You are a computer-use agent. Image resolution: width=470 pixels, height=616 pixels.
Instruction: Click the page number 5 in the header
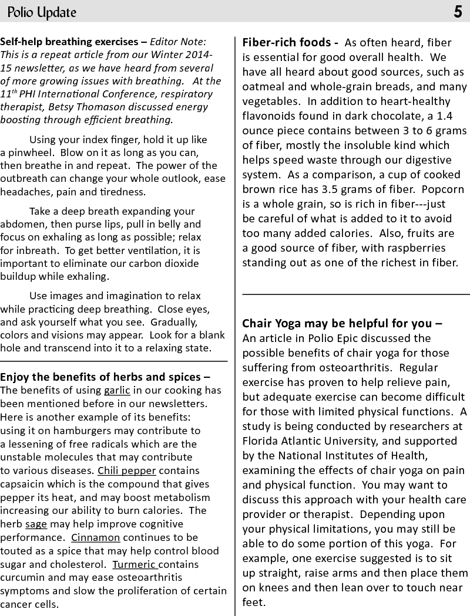tap(458, 12)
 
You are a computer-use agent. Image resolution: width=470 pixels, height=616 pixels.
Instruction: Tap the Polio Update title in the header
tap(41, 12)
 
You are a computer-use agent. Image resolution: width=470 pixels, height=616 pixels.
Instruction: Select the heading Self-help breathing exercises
tap(70, 42)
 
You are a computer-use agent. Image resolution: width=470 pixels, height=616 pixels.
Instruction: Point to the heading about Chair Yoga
tap(342, 323)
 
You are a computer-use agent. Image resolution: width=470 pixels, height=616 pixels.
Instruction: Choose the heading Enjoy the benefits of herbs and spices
tap(105, 376)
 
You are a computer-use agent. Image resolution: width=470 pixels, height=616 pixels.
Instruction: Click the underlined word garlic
tap(117, 390)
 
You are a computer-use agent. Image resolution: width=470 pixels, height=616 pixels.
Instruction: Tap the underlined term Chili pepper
tap(127, 471)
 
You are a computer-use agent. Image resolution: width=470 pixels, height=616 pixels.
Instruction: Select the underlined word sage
tap(36, 524)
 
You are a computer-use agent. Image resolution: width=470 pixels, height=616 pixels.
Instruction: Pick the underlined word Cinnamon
tap(96, 537)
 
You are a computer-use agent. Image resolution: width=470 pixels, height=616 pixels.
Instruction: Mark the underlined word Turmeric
tap(135, 564)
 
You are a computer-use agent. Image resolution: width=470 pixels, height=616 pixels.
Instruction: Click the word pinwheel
tap(22, 153)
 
